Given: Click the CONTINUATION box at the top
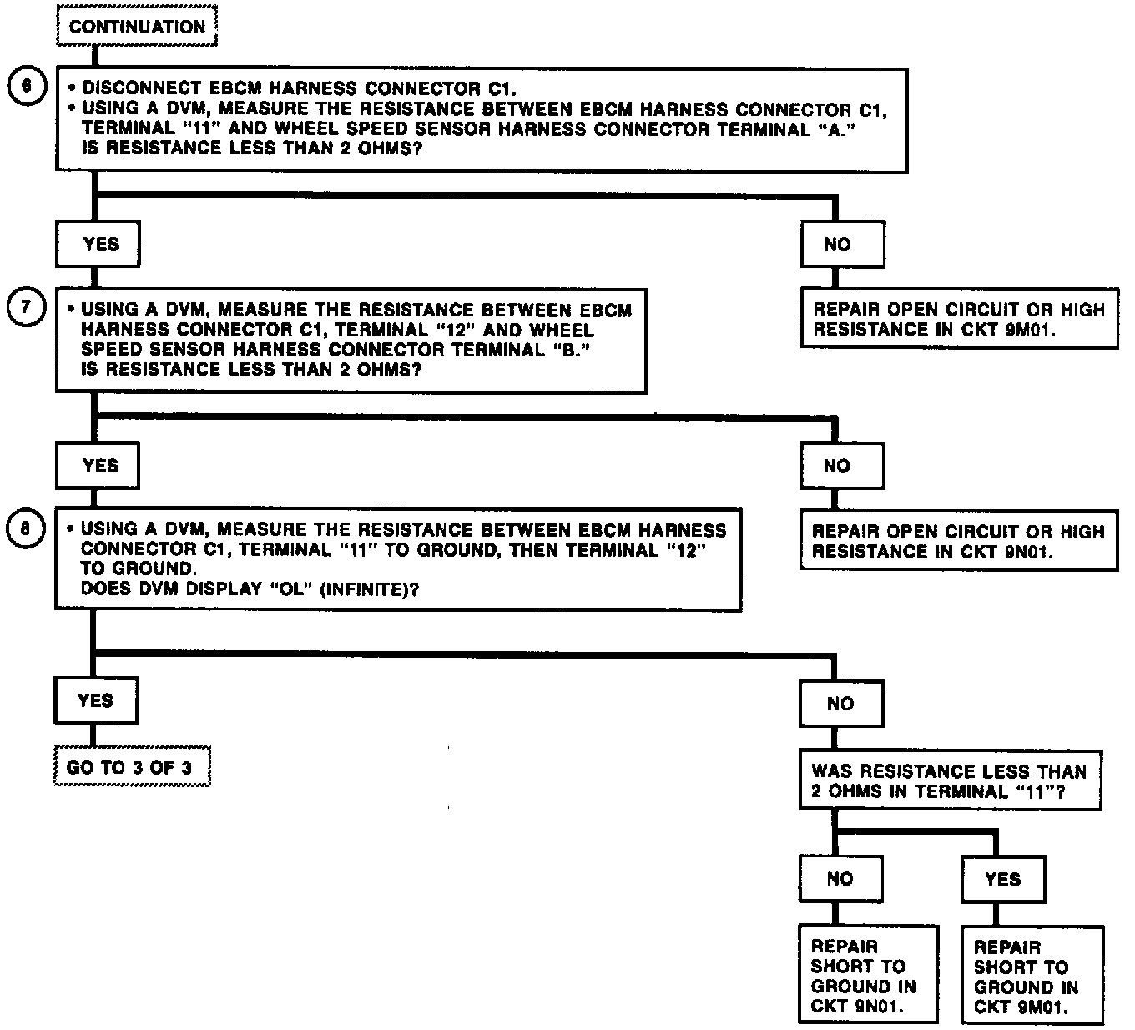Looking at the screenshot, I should (x=138, y=27).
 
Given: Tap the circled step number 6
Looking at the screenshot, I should (x=25, y=87).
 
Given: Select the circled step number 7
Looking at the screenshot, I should (x=25, y=307).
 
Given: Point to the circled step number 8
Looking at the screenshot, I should (x=25, y=528).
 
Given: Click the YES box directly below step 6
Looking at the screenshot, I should (x=98, y=245).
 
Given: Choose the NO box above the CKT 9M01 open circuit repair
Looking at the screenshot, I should (x=840, y=245).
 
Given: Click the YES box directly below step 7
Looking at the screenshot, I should (x=98, y=466).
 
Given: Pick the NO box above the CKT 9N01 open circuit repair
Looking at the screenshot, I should (x=840, y=466).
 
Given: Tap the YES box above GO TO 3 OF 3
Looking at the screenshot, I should (x=96, y=700).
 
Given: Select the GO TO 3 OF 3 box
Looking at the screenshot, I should (x=131, y=767).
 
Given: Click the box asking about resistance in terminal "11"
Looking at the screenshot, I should (x=949, y=781).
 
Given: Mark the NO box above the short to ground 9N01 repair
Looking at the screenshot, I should (x=840, y=878).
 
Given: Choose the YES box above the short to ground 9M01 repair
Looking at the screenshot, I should (x=1002, y=879).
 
